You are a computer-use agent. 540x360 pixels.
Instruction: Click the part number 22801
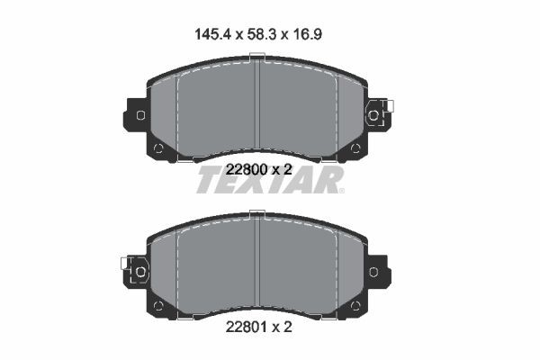[x=243, y=329]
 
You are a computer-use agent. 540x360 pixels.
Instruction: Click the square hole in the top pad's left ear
[x=139, y=114]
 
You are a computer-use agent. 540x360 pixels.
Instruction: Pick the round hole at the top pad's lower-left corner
[x=158, y=148]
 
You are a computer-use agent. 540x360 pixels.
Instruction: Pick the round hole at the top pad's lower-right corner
[x=356, y=148]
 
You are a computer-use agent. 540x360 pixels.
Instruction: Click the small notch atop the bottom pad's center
[x=257, y=214]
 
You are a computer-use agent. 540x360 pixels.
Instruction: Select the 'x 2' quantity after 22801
[x=282, y=329]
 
